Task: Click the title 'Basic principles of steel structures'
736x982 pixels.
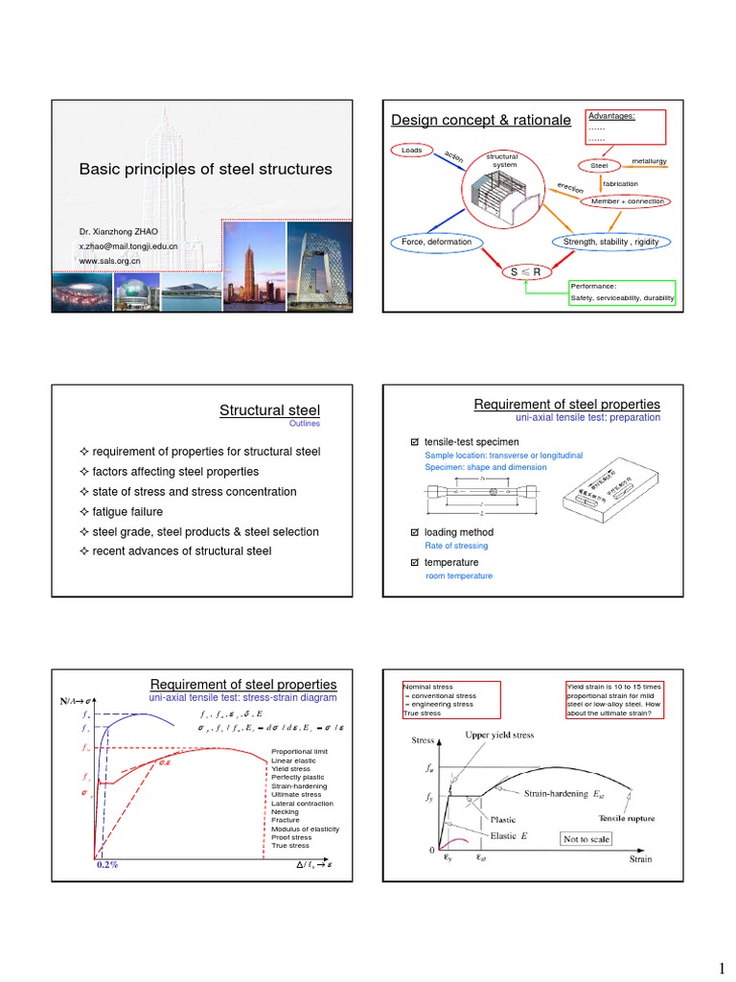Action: point(205,169)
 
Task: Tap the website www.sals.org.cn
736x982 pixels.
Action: point(109,261)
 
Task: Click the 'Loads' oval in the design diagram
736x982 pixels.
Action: point(412,151)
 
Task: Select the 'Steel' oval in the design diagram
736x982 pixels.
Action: point(600,166)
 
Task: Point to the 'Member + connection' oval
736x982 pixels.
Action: point(631,201)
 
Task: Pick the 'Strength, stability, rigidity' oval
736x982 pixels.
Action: point(611,242)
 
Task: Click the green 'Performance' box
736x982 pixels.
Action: point(622,292)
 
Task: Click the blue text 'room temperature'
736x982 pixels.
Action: point(458,575)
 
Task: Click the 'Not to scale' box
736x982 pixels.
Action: point(586,838)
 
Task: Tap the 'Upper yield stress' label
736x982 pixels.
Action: point(507,735)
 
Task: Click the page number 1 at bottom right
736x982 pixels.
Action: point(721,956)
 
